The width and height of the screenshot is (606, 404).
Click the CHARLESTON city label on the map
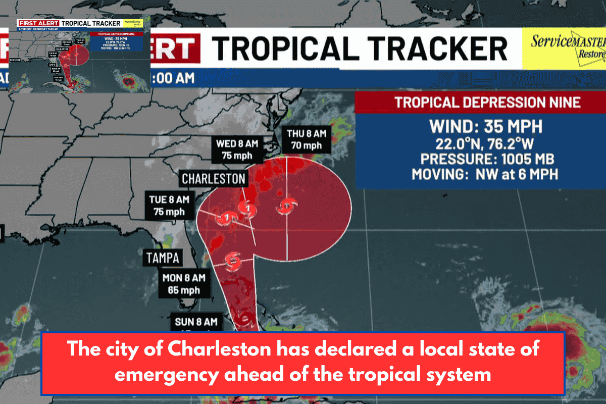point(214,178)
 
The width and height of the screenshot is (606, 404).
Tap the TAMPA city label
point(163,258)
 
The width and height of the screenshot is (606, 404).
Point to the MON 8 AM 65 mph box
point(184,284)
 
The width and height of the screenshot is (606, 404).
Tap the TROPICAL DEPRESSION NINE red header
point(480,103)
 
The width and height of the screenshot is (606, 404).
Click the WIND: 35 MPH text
point(480,126)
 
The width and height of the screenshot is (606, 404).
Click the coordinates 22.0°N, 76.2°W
point(480,143)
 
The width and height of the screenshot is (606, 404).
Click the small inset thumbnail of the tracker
point(80,56)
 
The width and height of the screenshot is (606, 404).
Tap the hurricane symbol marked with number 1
point(227,218)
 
